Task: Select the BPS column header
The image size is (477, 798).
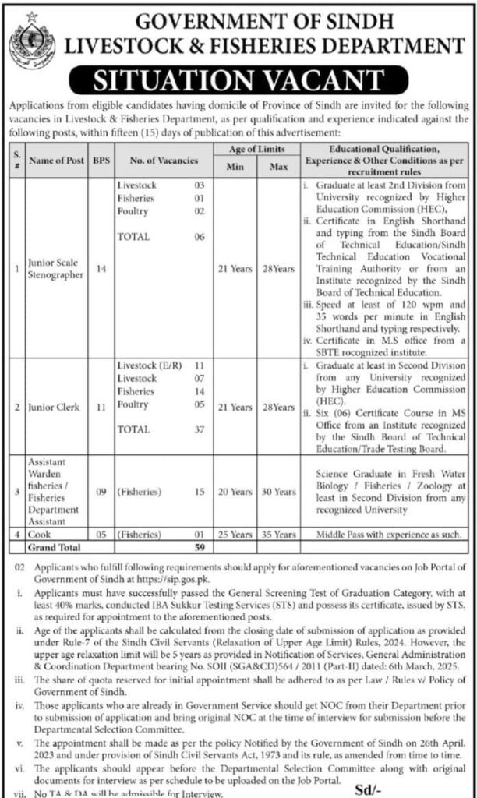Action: (100, 161)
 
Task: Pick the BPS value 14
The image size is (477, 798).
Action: (100, 269)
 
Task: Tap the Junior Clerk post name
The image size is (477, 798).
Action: (51, 407)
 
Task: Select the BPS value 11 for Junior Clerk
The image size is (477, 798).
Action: (100, 407)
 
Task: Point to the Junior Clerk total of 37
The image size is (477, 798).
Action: (199, 429)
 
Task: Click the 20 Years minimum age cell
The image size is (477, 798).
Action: (235, 493)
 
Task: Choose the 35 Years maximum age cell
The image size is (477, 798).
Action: (279, 535)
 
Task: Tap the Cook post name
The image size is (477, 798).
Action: (40, 535)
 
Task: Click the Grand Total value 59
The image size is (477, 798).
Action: (199, 547)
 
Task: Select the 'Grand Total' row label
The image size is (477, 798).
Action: (53, 547)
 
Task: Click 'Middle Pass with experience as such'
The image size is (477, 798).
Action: (385, 535)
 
